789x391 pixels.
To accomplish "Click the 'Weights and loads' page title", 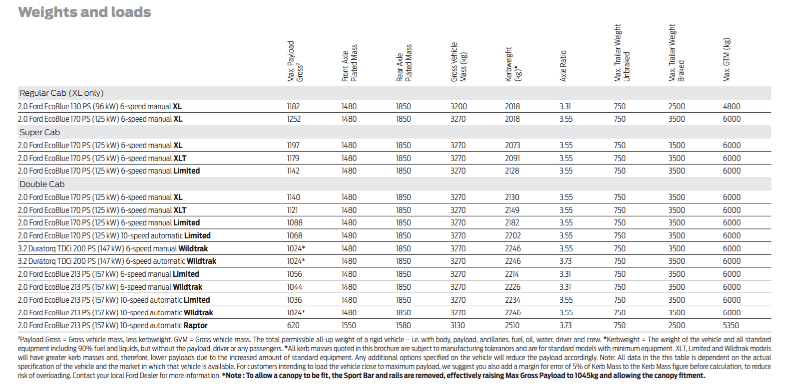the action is (84, 12).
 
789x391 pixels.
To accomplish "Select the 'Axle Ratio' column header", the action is (563, 66).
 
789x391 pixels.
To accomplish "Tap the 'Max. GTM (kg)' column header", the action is (727, 59).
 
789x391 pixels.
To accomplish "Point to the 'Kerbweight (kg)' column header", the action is (513, 64).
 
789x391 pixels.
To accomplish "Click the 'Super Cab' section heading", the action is (40, 132).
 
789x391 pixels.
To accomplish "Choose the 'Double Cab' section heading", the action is (42, 184).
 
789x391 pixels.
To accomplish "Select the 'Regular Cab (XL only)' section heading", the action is (61, 93).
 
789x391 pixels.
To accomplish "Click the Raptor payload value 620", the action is (293, 326).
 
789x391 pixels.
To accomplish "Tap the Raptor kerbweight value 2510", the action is (512, 326).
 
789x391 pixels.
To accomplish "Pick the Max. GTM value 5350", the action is (731, 326).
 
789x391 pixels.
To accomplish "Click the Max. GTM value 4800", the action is (732, 106).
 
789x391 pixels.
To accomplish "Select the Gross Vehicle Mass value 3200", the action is (458, 106).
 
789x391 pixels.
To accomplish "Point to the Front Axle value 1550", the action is (349, 326).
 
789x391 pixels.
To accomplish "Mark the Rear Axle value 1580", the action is (403, 326).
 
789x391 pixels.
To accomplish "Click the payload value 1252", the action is (294, 119).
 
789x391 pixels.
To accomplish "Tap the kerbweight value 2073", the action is (512, 145).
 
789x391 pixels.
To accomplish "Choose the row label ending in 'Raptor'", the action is (113, 326).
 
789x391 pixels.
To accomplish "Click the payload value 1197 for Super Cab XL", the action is (293, 145).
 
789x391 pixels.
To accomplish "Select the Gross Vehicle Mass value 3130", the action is (457, 326).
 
